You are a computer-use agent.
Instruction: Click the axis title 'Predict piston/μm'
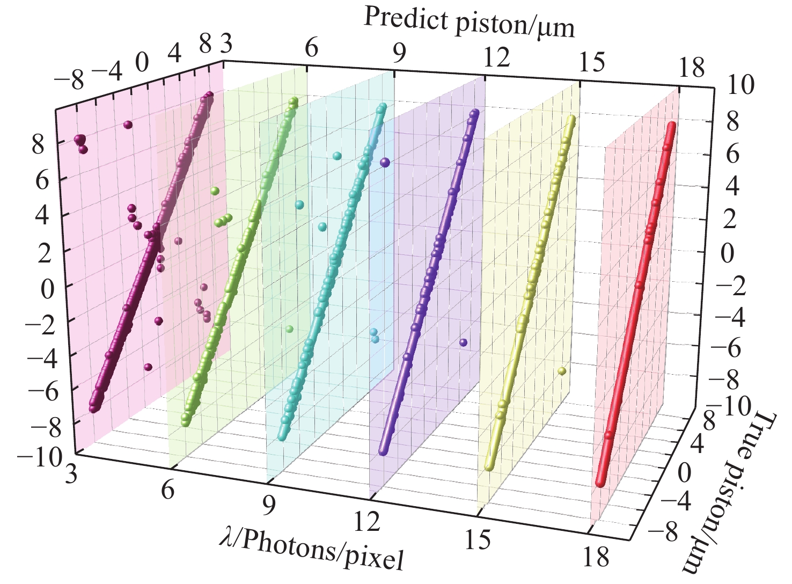click(469, 24)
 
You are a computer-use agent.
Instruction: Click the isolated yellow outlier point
click(562, 370)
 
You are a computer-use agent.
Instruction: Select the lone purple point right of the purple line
click(463, 342)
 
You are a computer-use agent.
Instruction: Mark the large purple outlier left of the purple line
click(385, 162)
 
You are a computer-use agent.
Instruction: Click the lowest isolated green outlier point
click(290, 328)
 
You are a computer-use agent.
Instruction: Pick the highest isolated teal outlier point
click(337, 156)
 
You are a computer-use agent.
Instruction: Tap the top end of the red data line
click(672, 127)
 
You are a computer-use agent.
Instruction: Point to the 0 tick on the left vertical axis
click(47, 290)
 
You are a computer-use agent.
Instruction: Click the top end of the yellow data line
click(573, 119)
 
